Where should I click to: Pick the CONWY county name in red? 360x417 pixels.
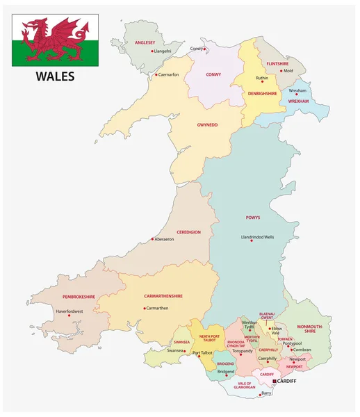pyautogui.click(x=213, y=74)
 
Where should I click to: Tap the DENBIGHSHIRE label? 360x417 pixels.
pyautogui.click(x=263, y=93)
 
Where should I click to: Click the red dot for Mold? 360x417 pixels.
pyautogui.click(x=282, y=70)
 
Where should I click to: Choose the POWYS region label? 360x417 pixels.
pyautogui.click(x=252, y=218)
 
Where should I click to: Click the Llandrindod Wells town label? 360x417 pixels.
pyautogui.click(x=257, y=238)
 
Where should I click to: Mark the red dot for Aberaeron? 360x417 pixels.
pyautogui.click(x=152, y=239)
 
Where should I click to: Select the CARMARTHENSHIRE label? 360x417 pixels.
pyautogui.click(x=163, y=295)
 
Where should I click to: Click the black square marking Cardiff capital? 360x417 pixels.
pyautogui.click(x=275, y=382)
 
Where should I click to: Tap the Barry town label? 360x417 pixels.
pyautogui.click(x=265, y=393)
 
